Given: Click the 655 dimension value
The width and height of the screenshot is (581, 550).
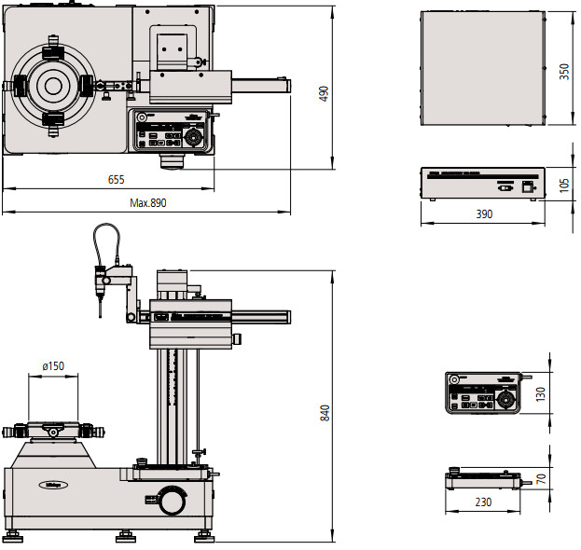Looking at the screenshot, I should tap(116, 179).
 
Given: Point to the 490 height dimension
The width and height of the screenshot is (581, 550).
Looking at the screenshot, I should tap(324, 93).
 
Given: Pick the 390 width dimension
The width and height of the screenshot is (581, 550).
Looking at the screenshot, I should tap(484, 214).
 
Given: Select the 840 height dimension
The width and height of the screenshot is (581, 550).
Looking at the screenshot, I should tap(324, 411).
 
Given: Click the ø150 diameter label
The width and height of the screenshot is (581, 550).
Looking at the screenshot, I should tap(52, 366).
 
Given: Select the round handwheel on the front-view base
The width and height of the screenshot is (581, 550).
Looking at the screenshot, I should tap(172, 501).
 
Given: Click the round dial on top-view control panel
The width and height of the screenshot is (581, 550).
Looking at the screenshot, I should tap(194, 138).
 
